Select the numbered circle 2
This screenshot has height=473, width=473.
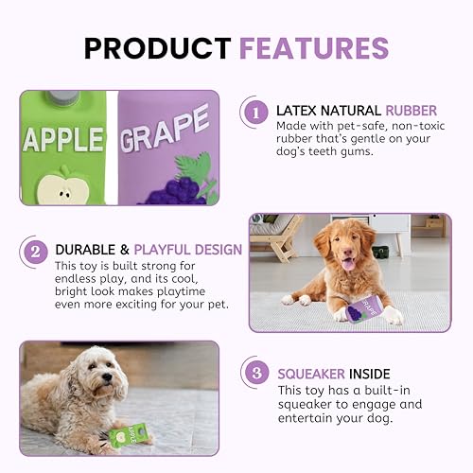coord(35,251)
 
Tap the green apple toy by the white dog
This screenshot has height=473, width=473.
coord(131,436)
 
